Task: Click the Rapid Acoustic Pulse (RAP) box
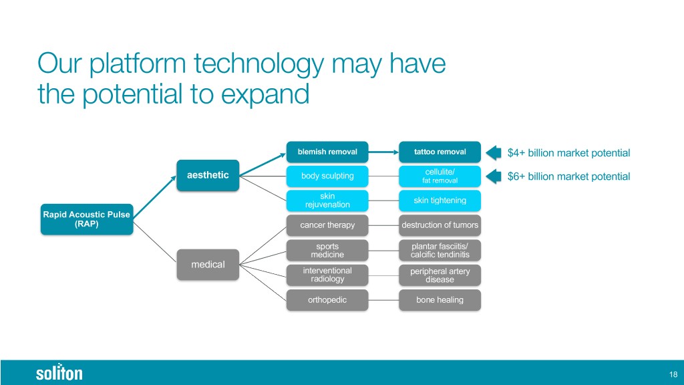(87, 219)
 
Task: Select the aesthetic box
(208, 175)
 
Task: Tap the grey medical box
(208, 265)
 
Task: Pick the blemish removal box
(327, 152)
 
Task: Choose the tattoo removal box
(440, 152)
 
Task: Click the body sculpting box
(327, 176)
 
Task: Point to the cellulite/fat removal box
(440, 176)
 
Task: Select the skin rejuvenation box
(327, 201)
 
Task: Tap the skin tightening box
(440, 201)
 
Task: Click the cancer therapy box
(327, 225)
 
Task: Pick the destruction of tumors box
(440, 225)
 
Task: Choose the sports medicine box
(327, 251)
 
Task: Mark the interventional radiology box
(327, 275)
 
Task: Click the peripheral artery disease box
(440, 275)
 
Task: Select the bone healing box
(440, 300)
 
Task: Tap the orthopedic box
(327, 300)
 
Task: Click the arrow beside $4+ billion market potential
(494, 153)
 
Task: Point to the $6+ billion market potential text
(568, 176)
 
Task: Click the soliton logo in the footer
(59, 372)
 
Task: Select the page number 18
(673, 374)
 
